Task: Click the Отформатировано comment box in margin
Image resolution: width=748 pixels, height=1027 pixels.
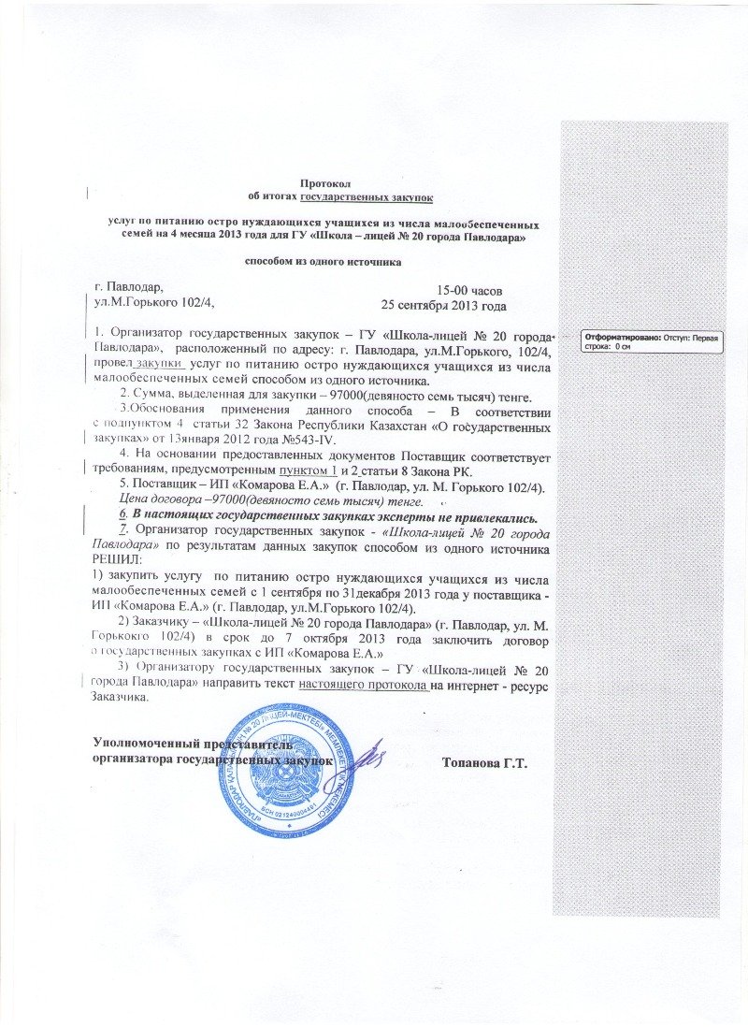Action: [x=653, y=340]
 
